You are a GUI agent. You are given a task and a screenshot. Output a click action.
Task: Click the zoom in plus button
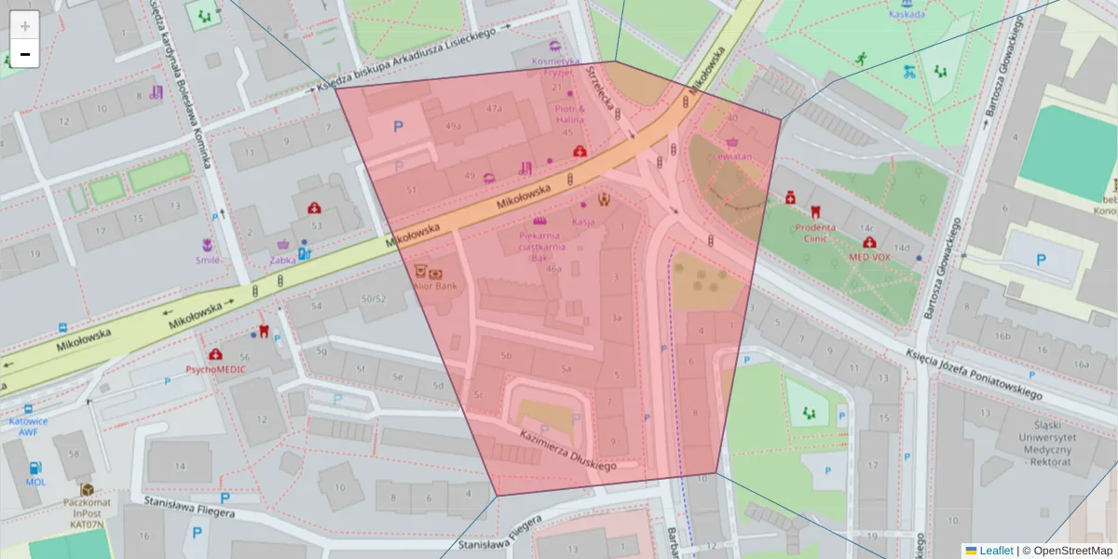25,26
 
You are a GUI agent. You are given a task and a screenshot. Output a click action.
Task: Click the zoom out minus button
25,54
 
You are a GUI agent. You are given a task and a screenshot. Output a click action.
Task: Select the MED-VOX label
869,256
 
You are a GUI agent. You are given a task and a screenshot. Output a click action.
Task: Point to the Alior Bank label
435,286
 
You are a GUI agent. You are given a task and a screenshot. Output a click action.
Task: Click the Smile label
208,261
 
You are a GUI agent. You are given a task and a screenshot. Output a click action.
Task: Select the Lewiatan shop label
730,157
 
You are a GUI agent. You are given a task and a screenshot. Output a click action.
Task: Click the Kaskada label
907,14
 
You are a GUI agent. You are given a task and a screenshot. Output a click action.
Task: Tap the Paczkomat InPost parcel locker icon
87,489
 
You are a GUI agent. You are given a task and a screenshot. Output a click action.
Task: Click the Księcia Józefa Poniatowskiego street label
974,375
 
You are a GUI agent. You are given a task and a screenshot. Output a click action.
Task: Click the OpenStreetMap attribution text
1067,551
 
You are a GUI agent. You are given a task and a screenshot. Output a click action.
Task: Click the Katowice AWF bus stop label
29,426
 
